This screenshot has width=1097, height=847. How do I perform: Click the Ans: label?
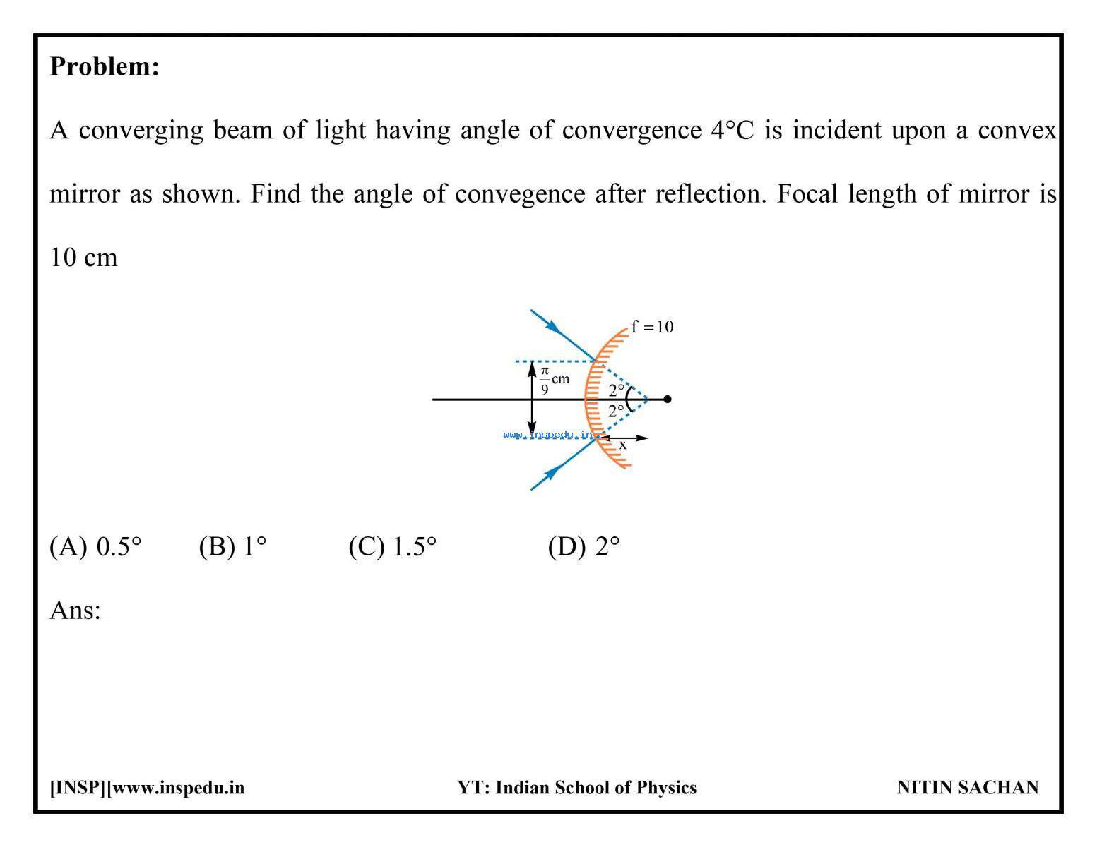click(x=75, y=611)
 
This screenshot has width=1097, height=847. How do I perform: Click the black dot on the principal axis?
click(x=667, y=399)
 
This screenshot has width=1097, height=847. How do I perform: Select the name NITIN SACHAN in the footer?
click(x=968, y=787)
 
